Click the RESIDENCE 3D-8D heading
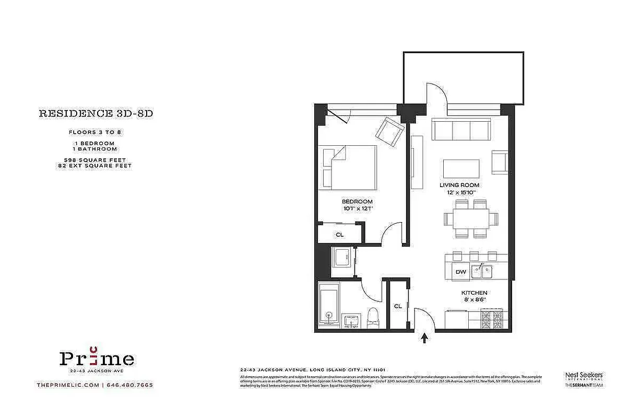[x=96, y=113]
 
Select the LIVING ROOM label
[x=459, y=185]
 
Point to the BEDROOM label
[x=357, y=202]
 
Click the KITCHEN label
[x=474, y=293]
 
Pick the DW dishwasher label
[x=460, y=272]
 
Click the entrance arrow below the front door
[x=424, y=338]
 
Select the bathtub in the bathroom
[x=329, y=306]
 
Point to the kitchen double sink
[x=482, y=271]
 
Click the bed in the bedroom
[x=349, y=167]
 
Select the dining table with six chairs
[x=471, y=218]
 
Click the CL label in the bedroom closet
[x=339, y=235]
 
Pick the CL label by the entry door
[x=398, y=306]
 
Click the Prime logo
[x=97, y=358]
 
